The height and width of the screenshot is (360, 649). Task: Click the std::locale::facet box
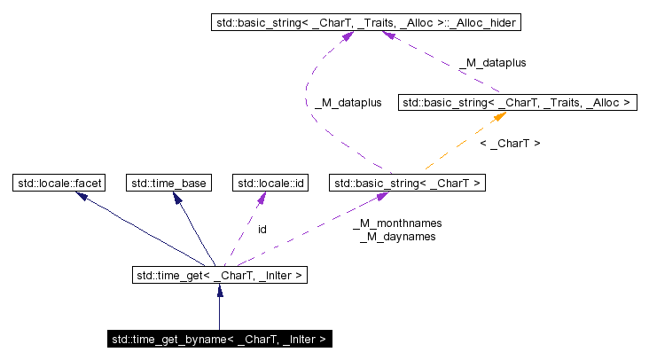click(59, 184)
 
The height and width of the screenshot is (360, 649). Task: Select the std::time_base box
click(168, 184)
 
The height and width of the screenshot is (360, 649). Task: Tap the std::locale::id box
click(269, 184)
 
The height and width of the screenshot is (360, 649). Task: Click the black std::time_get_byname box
click(219, 340)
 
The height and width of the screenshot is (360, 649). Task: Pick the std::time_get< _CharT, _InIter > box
click(219, 277)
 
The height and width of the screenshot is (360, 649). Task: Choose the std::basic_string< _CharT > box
click(408, 184)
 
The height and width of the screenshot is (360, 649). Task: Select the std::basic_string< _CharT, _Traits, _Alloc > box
click(518, 103)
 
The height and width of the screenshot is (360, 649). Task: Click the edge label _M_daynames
click(396, 237)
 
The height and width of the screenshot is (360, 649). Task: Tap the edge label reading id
click(262, 230)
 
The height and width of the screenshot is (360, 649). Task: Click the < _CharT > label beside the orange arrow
click(510, 143)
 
